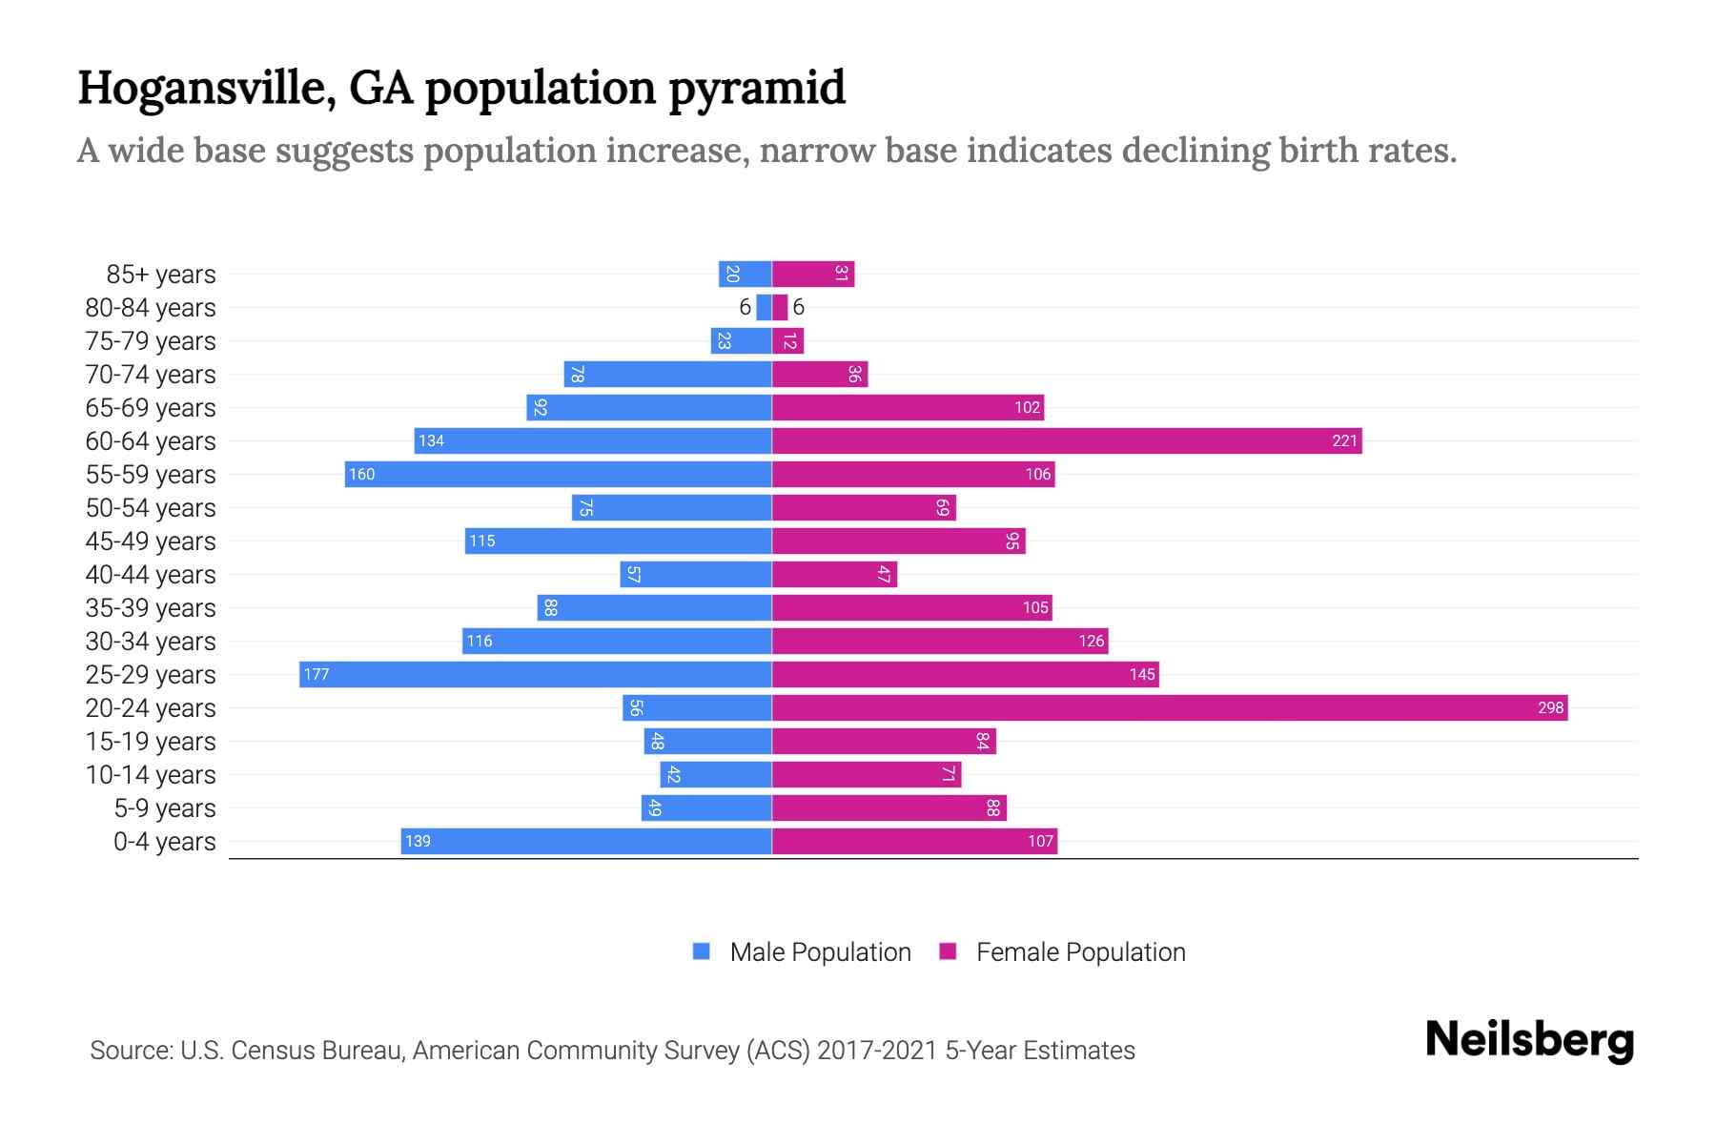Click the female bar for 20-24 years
coord(1169,707)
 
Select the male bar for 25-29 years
coord(535,674)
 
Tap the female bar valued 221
coord(1066,440)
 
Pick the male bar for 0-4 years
coord(586,841)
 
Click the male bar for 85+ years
coord(745,274)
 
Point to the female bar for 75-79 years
coord(787,340)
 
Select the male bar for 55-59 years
coord(558,474)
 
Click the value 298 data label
coord(1550,707)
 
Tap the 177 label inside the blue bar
coord(316,674)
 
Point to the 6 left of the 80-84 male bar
coord(745,307)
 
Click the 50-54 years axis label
coord(151,507)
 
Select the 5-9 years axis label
coord(165,807)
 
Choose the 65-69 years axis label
coord(151,407)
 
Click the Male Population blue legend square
coord(702,951)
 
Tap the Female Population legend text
coord(1080,951)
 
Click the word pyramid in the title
coord(756,89)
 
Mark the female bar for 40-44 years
coord(834,574)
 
